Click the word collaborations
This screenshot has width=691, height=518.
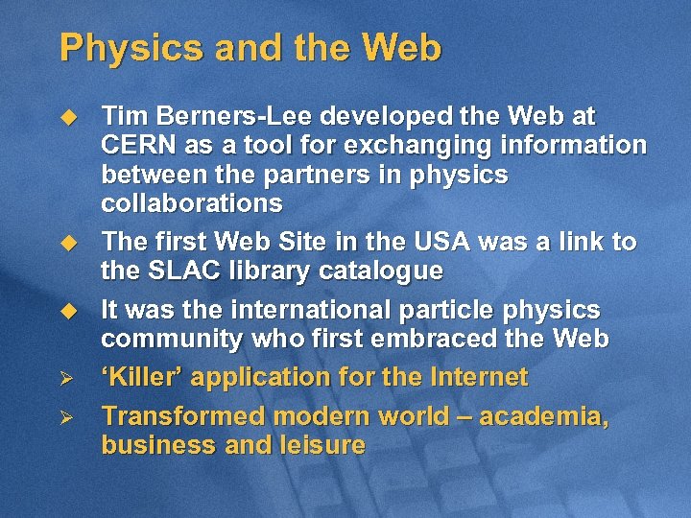point(192,203)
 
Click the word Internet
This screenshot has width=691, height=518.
point(475,377)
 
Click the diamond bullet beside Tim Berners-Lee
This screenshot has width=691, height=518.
point(68,117)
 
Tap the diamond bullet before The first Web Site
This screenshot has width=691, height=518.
point(68,242)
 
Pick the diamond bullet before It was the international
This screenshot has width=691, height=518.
point(68,310)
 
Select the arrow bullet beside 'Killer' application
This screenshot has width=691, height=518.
point(68,378)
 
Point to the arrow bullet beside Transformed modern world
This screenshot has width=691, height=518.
point(68,417)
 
